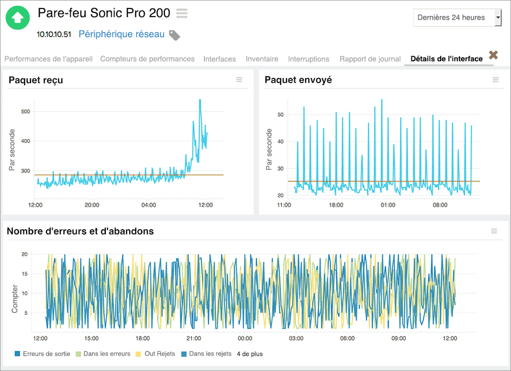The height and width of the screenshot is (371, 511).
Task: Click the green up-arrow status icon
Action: click(x=18, y=18)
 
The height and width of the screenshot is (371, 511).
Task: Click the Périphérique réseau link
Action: click(x=121, y=34)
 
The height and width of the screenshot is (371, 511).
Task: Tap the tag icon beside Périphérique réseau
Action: click(x=175, y=35)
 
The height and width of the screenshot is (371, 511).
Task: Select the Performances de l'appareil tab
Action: click(x=48, y=59)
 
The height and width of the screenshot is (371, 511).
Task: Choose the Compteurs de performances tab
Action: click(x=147, y=59)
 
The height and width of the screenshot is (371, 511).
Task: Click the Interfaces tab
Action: click(x=219, y=59)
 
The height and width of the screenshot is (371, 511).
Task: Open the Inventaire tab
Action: click(x=262, y=59)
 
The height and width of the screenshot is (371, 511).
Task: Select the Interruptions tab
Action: click(x=309, y=59)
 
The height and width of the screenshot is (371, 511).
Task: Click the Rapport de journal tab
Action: click(x=370, y=59)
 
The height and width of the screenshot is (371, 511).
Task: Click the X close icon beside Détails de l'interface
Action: click(x=493, y=55)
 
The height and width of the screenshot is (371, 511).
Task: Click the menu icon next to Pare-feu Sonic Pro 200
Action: click(x=182, y=13)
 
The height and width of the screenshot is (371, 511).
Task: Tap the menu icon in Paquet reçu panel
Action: click(x=239, y=80)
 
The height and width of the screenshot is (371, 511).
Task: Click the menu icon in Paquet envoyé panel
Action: click(x=496, y=80)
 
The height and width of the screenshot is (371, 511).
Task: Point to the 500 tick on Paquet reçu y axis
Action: click(x=24, y=111)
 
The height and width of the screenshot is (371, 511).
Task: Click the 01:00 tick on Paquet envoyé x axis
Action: click(x=388, y=205)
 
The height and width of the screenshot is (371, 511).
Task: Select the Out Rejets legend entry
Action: click(x=156, y=353)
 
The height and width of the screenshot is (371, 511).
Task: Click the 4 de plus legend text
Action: click(x=250, y=353)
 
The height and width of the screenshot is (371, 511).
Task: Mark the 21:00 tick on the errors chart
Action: click(x=194, y=338)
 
